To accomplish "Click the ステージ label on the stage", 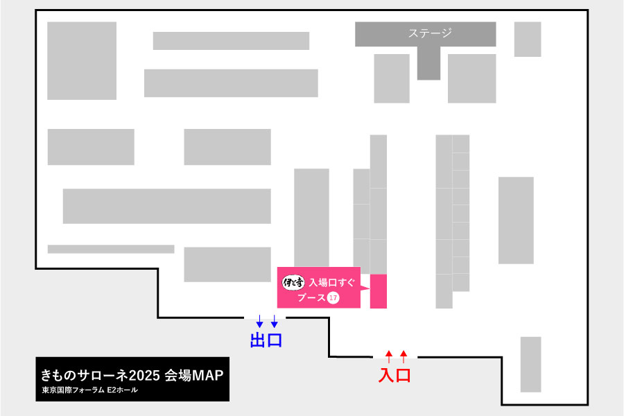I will pos(430,33).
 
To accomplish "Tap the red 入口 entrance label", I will pos(395,375).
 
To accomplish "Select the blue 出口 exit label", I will pos(266,340).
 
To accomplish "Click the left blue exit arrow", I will pos(259,322).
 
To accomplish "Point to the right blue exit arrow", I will pos(275,322).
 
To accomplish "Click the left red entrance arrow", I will pos(388,356).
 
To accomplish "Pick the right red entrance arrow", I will pos(404,356).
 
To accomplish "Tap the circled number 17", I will pos(333,298).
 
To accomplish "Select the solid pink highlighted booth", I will pos(378,291).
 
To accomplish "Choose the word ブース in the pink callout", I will pos(311,298).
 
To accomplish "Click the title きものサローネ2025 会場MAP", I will pos(132,376).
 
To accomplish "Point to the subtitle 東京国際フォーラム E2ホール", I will pos(89,390).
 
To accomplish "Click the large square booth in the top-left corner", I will pos(82,60).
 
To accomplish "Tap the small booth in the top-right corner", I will pos(527,39).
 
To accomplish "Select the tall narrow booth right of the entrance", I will pos(530,364).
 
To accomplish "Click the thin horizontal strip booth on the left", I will pos(111,249).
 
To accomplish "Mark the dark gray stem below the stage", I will pos(428,63).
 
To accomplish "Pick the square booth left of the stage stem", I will pos(392,78).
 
